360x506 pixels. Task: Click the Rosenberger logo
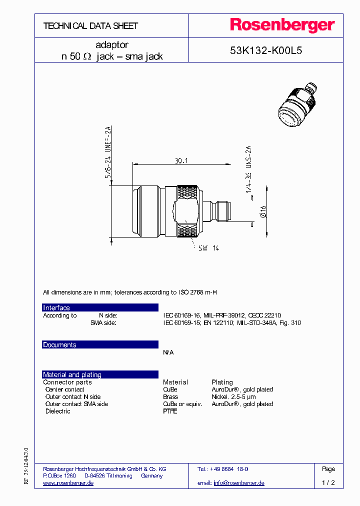click(282, 25)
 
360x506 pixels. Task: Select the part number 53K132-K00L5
click(265, 50)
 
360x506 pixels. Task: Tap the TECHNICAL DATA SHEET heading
click(90, 25)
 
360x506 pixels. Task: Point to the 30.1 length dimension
click(181, 161)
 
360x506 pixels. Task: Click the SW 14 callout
click(209, 248)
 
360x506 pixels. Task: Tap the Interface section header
click(56, 307)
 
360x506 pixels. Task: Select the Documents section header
click(59, 344)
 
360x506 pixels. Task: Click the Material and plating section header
click(72, 374)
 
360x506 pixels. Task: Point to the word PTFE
click(170, 411)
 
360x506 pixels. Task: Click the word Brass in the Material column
click(170, 396)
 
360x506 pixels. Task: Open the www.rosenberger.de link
click(68, 483)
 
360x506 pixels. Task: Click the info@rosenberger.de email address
click(239, 483)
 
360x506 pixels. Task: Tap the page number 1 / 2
click(328, 483)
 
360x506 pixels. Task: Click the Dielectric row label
click(57, 411)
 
